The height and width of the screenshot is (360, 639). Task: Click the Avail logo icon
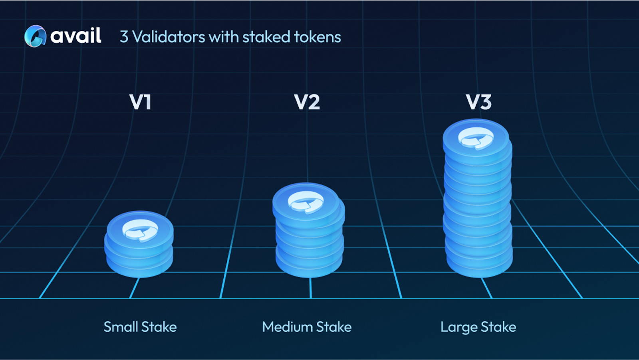point(35,36)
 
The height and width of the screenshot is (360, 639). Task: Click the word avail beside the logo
point(76,36)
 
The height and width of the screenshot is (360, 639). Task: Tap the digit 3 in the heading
point(124,37)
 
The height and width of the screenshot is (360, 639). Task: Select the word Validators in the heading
point(169,37)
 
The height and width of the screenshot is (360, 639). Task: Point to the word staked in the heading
point(266,37)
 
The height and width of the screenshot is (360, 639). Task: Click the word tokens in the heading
point(318,37)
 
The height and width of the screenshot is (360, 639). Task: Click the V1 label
point(140,102)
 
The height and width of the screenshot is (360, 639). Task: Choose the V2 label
point(307,102)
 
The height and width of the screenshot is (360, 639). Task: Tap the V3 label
point(478,102)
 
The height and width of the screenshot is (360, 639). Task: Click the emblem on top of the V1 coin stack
point(140,230)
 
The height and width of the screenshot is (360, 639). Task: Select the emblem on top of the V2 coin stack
point(306,202)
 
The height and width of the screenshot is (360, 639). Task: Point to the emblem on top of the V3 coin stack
point(476,138)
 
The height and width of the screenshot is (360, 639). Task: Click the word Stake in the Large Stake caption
point(498,327)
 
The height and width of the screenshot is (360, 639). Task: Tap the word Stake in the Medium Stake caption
point(334,327)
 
